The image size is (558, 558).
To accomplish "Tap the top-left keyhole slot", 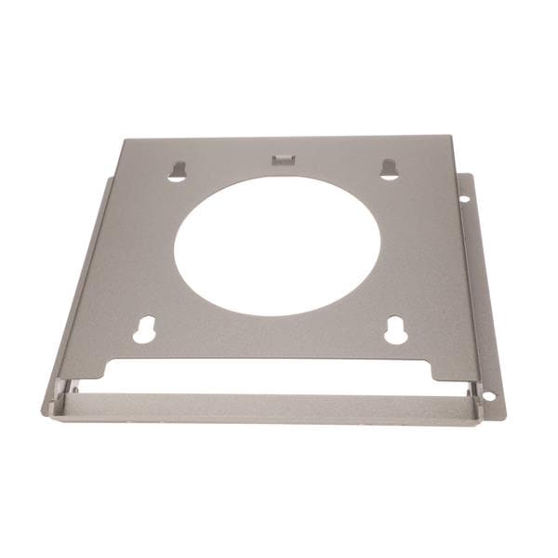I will (178, 171).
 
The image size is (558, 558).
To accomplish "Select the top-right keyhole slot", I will (390, 168).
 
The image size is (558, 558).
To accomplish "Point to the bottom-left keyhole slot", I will (144, 330).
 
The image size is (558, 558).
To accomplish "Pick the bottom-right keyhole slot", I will (396, 330).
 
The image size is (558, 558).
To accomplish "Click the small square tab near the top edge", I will (282, 160).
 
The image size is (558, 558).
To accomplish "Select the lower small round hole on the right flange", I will (489, 395).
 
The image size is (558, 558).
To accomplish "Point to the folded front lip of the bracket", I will (265, 406).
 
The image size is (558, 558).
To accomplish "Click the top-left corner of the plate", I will (124, 140).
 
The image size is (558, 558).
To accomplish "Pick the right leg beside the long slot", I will (456, 368).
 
